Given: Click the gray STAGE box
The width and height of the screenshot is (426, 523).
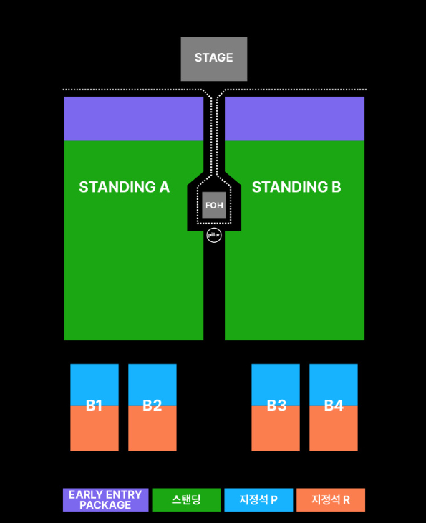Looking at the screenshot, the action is coord(214,59).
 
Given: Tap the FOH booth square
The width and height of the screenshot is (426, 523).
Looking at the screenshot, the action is coord(214,205).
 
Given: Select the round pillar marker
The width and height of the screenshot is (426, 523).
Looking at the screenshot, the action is coord(214,235).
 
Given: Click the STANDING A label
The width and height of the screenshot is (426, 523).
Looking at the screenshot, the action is coord(124,187).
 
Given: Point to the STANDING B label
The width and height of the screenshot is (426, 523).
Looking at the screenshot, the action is coord(296,187).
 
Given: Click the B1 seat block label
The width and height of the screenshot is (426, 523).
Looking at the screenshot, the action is coord(94,406).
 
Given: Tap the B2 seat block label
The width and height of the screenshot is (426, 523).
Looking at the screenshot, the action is coord(152,406).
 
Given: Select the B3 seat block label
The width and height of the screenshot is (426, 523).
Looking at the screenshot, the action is coord(276,406).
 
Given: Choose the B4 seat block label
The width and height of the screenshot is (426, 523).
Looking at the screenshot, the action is coord(334,406).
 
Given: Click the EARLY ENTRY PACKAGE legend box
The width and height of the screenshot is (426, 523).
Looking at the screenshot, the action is coord(106,499).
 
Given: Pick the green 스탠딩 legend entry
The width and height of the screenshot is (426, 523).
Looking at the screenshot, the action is coord(186,499).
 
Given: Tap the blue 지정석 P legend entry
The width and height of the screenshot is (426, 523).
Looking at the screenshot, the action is coord(258,499).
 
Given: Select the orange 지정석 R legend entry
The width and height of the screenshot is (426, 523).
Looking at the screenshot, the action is coord(331,499).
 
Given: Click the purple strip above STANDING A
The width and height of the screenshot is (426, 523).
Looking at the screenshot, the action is coord(133,119).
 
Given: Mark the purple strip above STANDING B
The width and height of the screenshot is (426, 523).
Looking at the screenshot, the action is coord(295,119).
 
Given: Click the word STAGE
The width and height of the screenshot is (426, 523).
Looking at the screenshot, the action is coord(214,57).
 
